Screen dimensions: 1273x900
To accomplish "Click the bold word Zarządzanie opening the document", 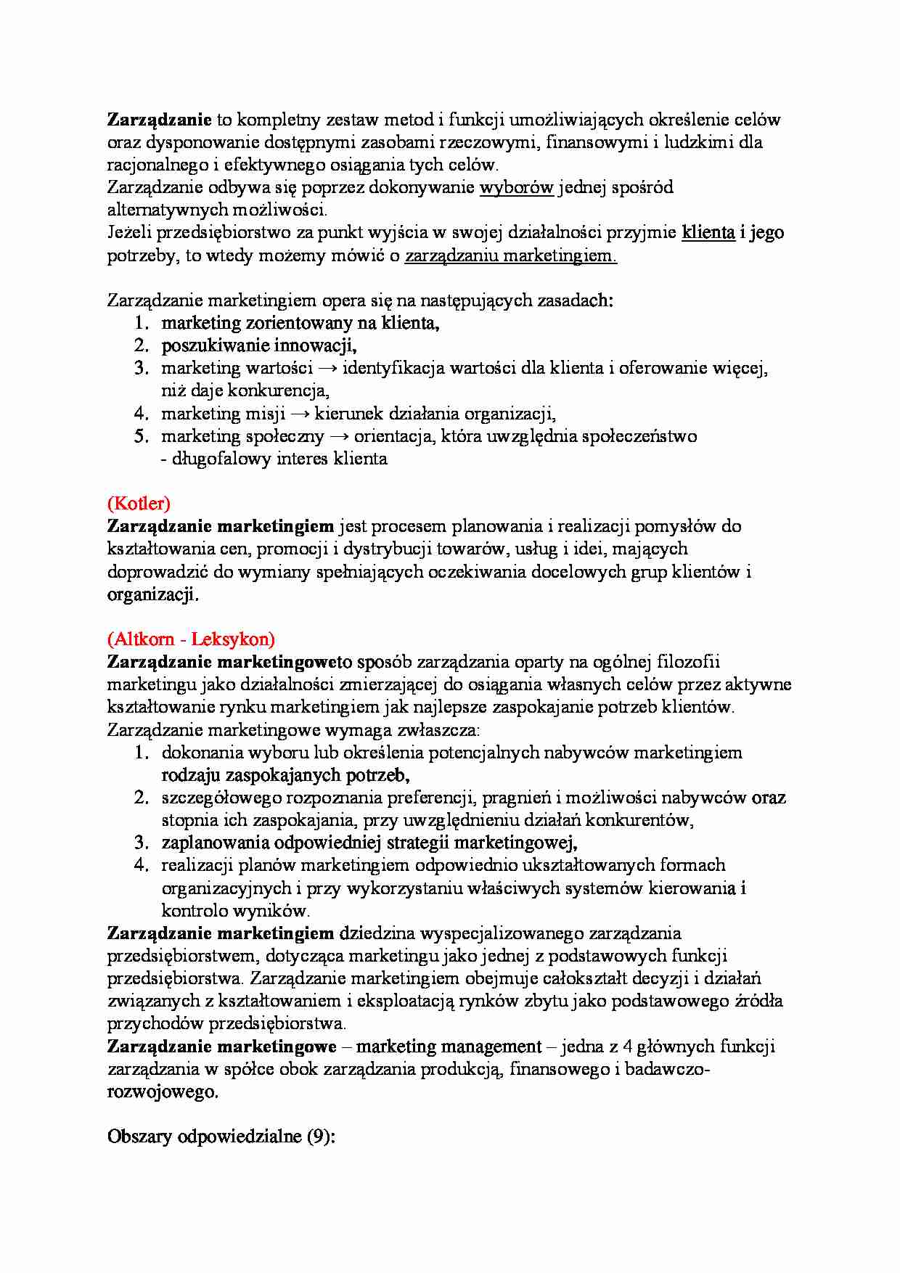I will point(159,120).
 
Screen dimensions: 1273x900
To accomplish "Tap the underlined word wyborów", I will point(517,187).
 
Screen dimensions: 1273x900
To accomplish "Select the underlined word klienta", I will point(708,233).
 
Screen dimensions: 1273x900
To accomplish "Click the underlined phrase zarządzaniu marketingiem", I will point(510,255).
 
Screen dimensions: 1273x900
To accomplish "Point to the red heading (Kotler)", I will point(139,503).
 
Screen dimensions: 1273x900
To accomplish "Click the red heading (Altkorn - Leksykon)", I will point(191,639).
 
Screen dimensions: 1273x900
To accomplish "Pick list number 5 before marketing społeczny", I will point(142,436).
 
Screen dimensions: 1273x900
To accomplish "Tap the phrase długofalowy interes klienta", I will point(279,459).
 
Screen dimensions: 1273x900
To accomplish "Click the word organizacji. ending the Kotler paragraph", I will point(152,594).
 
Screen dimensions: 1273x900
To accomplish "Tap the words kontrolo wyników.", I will point(235,910).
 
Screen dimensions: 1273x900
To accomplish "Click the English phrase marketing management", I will point(449,1047).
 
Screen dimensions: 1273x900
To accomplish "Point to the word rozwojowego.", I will point(162,1092).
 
